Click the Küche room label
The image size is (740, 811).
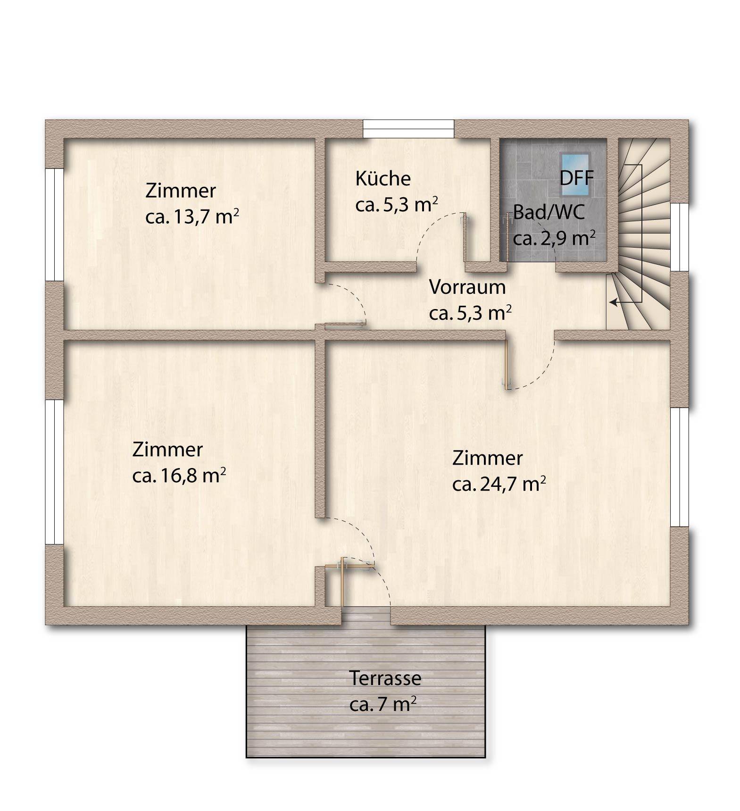coord(382,178)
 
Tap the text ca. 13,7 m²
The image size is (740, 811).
coord(191,217)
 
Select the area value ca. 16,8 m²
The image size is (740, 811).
coord(179,475)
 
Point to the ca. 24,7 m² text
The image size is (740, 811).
coord(499,484)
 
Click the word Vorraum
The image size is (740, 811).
coord(467,287)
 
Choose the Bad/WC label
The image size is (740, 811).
coord(549,212)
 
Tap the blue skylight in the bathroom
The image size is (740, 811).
coord(574,174)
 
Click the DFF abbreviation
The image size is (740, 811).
coord(576,179)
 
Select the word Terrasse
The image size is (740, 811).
coord(385,678)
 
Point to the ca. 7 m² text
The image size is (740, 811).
coord(382,704)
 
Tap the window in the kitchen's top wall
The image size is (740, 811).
coord(408,128)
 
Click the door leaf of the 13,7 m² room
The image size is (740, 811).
coord(341,324)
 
